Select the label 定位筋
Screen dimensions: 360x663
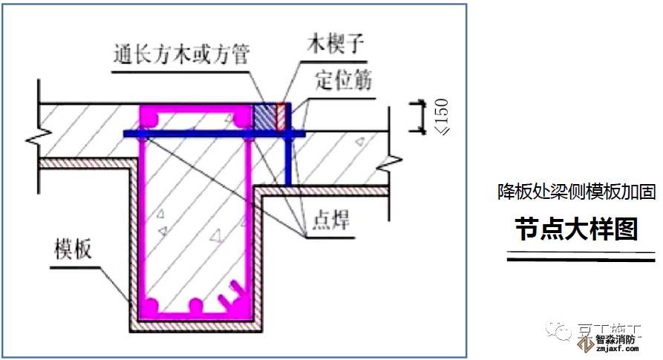click(343, 79)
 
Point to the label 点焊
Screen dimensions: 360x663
click(330, 220)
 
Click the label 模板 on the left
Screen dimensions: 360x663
click(73, 249)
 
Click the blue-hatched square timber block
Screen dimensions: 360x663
click(264, 117)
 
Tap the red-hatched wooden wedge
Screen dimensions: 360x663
click(281, 117)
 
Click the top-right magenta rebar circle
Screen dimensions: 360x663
click(241, 119)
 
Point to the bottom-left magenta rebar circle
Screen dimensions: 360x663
click(151, 305)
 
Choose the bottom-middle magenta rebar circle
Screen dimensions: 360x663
click(196, 305)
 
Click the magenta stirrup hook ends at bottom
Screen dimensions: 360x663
click(233, 294)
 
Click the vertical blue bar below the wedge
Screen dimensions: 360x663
click(289, 160)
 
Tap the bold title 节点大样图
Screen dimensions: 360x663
click(577, 230)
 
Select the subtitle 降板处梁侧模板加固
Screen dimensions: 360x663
click(576, 192)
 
